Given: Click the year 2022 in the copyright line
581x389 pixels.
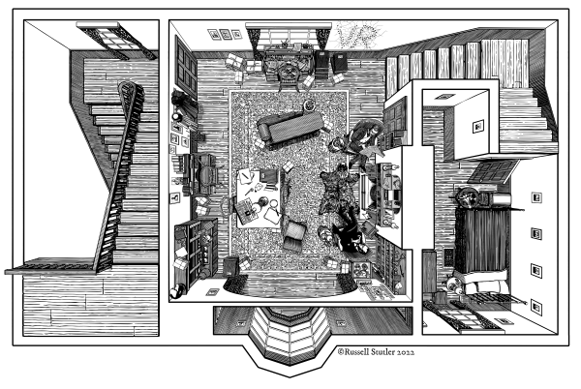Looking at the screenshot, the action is coord(406,352).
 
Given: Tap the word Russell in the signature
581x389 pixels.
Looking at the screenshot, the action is coord(356,352).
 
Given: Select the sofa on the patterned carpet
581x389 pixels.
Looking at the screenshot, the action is coord(290,126).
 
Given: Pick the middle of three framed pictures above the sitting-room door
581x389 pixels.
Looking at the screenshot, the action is coord(225,35).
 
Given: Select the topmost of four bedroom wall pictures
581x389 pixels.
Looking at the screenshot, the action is coord(536,197).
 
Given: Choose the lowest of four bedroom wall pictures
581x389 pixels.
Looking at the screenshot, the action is coord(536,307).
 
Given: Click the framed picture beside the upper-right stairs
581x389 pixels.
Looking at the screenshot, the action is coord(478,127).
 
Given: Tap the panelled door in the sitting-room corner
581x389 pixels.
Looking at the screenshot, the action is coord(186,68).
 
